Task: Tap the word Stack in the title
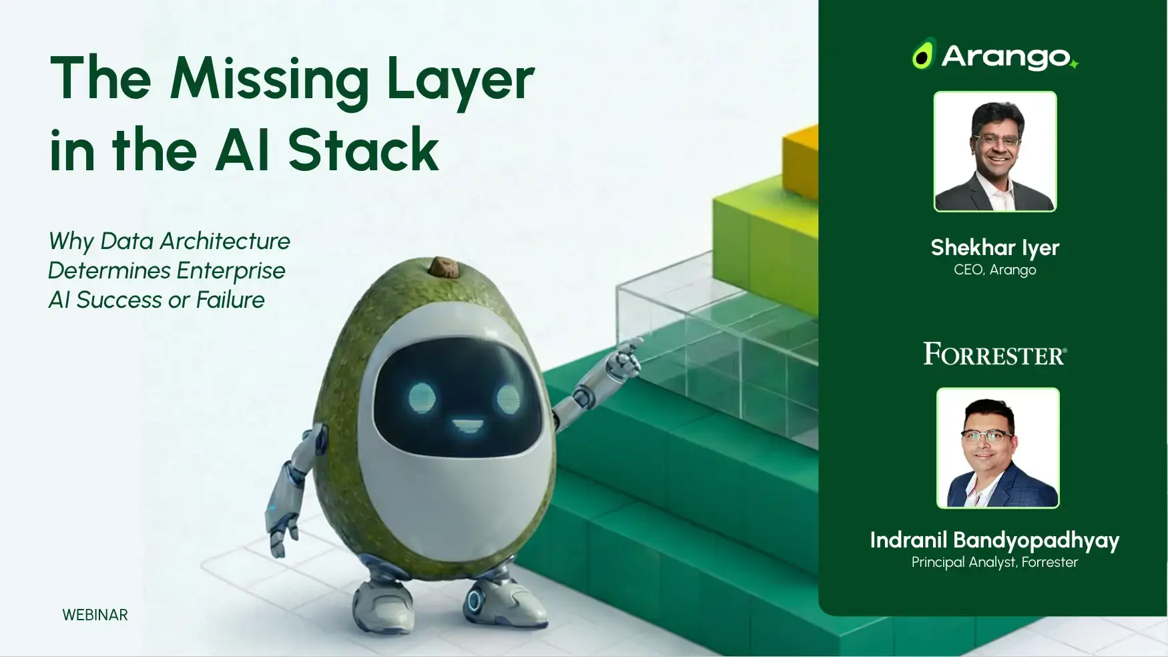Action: [x=363, y=150]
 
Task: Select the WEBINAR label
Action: [x=95, y=615]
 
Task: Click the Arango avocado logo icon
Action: [x=923, y=55]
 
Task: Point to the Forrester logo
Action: [x=994, y=354]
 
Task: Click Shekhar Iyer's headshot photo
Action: [x=994, y=152]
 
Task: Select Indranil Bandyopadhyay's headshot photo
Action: [x=998, y=448]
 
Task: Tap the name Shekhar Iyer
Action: [x=994, y=248]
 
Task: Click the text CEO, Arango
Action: [x=994, y=270]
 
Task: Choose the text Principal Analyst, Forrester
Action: [x=994, y=562]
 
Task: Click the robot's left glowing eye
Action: [x=422, y=397]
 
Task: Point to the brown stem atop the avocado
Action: [x=442, y=266]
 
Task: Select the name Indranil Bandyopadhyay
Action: [x=994, y=540]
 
